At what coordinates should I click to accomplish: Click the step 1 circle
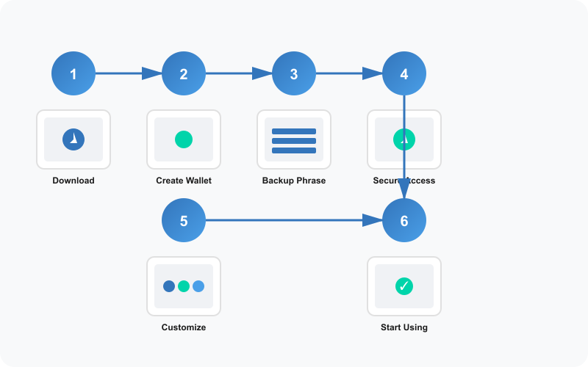click(73, 73)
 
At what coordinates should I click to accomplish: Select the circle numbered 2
click(184, 73)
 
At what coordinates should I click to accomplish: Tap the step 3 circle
click(294, 73)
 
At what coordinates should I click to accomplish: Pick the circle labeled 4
click(404, 73)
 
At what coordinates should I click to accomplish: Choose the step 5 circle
click(184, 220)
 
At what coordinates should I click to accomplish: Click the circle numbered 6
click(404, 220)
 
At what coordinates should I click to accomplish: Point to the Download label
click(73, 181)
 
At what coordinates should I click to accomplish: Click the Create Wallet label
click(184, 181)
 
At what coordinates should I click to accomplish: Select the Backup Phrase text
click(294, 181)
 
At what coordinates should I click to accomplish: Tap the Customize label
click(184, 327)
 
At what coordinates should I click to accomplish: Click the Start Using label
click(404, 327)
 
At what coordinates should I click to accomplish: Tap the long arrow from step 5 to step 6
click(294, 220)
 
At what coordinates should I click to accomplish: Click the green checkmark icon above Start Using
click(404, 286)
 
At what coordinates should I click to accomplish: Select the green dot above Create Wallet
click(184, 139)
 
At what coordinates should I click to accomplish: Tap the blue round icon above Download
click(73, 139)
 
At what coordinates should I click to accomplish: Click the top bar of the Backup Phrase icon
click(294, 131)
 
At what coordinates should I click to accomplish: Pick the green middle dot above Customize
click(184, 286)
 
